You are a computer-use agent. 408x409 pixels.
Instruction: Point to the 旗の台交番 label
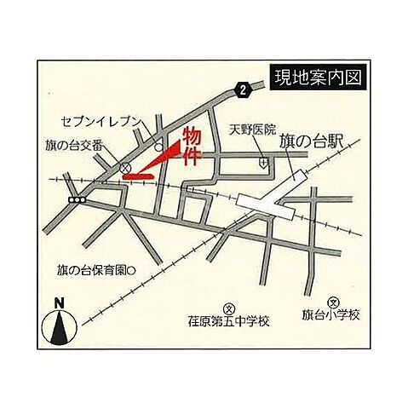[73, 147]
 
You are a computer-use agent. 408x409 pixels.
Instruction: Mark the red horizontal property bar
[138, 176]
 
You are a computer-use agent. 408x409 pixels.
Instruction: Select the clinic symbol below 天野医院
[263, 160]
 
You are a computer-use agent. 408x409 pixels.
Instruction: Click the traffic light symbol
[79, 199]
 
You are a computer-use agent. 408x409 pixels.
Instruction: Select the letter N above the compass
[59, 302]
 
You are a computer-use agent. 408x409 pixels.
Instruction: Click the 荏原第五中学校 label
[228, 322]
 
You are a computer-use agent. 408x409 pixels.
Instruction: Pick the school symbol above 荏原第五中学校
[228, 308]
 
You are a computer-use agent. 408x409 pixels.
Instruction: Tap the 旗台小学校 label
[333, 315]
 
